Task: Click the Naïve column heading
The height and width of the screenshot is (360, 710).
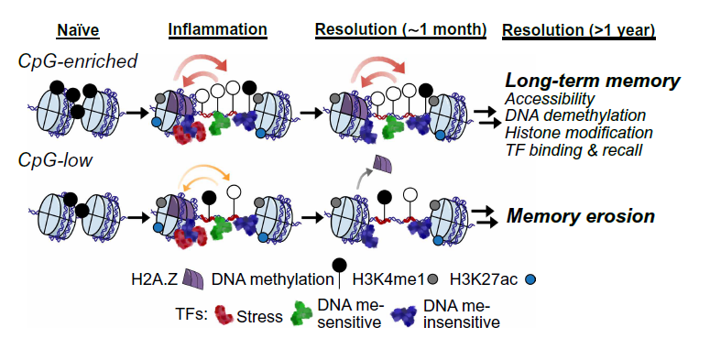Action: (78, 31)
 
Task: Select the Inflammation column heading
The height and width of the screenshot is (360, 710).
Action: (217, 29)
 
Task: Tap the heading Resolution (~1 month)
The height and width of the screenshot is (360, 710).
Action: (400, 30)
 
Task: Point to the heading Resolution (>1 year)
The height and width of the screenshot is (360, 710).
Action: (579, 30)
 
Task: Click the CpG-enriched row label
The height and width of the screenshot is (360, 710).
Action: (78, 61)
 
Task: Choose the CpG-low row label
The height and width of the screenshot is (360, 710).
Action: (55, 160)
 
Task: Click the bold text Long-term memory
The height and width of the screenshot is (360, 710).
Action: (593, 81)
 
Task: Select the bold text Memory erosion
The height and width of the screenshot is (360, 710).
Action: (581, 216)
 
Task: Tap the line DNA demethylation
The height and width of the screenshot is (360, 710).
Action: (575, 115)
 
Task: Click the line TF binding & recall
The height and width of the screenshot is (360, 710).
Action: (573, 150)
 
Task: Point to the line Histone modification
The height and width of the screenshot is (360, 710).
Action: (579, 133)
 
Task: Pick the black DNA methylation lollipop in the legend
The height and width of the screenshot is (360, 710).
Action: (340, 273)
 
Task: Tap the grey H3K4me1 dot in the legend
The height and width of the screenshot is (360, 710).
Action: (433, 279)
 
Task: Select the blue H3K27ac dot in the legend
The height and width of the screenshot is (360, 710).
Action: (530, 279)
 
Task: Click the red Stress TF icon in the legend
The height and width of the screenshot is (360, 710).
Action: (224, 315)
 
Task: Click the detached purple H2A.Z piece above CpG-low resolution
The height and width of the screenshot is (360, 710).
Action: (382, 164)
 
